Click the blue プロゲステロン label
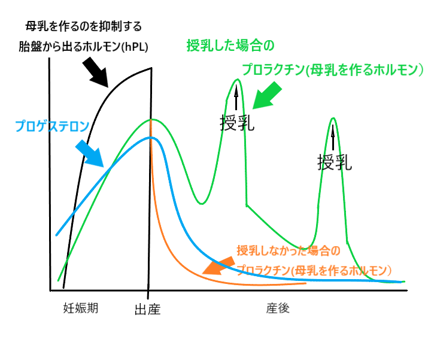52,126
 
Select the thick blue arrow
89,153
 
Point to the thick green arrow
266,96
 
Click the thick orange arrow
218,264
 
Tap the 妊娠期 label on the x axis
81,308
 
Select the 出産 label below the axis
148,309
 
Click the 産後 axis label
278,308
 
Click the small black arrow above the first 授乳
236,98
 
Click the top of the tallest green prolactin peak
237,80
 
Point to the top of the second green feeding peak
333,118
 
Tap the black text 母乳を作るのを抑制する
84,27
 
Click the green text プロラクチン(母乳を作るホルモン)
332,70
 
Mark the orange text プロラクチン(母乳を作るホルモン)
314,270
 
